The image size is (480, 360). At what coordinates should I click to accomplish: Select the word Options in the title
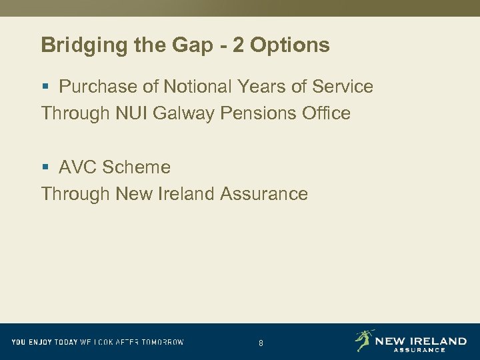tap(291, 45)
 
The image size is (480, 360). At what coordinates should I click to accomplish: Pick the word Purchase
tap(93, 87)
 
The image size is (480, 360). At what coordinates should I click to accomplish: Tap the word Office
tap(325, 113)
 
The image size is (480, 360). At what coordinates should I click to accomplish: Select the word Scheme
tap(137, 167)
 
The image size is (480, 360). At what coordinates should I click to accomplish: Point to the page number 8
tap(261, 343)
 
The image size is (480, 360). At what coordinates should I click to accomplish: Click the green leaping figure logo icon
tap(364, 340)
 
